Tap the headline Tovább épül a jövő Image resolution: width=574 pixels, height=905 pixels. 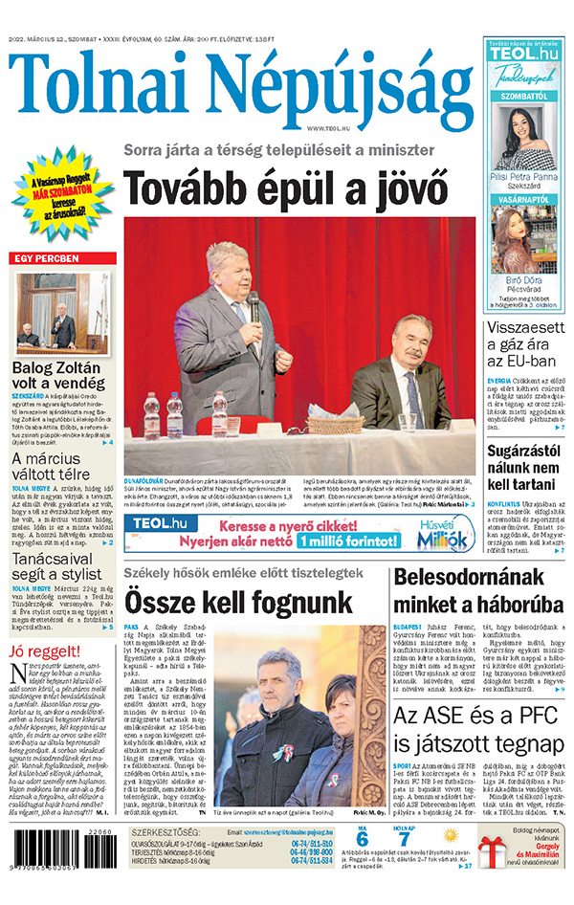286,188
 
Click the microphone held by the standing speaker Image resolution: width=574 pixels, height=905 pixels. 254,306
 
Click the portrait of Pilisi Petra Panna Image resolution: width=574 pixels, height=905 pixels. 524,134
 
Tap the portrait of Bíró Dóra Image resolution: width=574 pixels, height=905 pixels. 523,240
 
